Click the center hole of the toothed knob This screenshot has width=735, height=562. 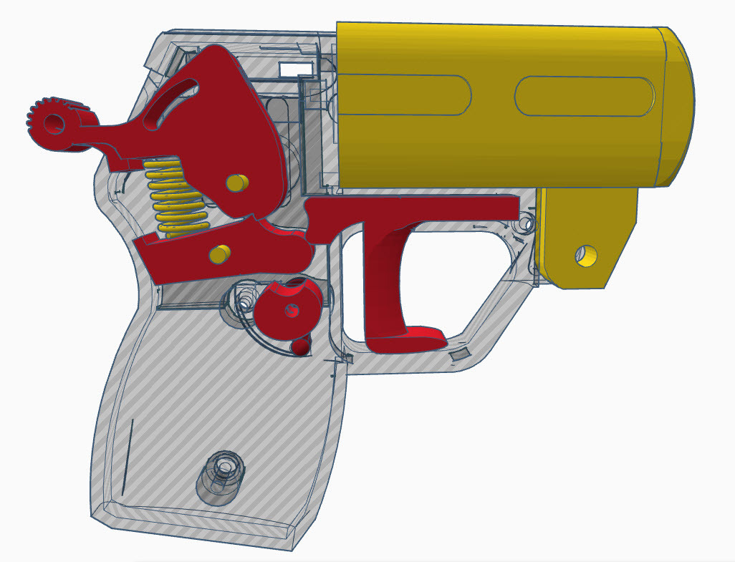[54, 124]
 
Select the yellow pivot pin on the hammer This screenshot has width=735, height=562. [236, 183]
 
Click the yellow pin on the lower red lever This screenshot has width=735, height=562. [219, 253]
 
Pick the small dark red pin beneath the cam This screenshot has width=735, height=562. [300, 347]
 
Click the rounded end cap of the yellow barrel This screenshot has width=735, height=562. [677, 107]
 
